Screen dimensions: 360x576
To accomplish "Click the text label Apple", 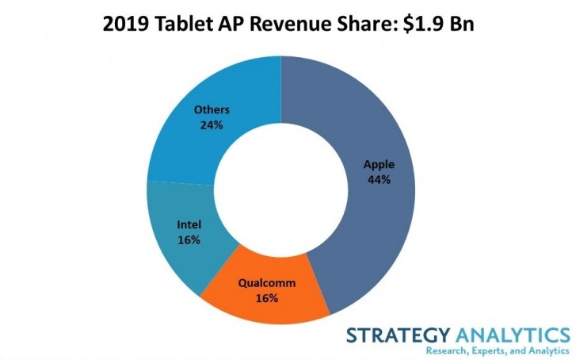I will (x=379, y=165).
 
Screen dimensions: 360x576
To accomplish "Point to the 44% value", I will (x=379, y=179).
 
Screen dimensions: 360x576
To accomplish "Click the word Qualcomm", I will (x=267, y=283).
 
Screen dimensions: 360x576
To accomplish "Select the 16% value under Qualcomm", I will (x=267, y=297).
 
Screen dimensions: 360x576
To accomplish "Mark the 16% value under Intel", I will (x=188, y=239).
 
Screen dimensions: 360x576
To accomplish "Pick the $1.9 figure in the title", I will (x=420, y=25).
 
